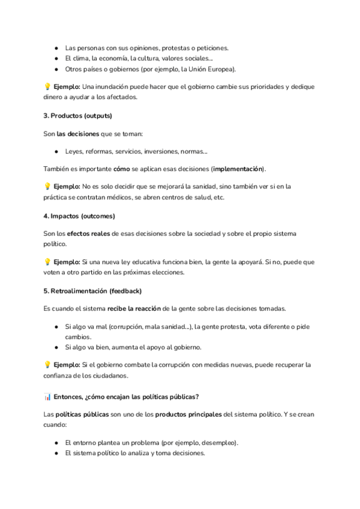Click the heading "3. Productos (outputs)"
pyautogui.click(x=78, y=115)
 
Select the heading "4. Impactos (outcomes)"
pyautogui.click(x=79, y=215)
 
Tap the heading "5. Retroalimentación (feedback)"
pyautogui.click(x=92, y=292)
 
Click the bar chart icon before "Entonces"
pyautogui.click(x=47, y=397)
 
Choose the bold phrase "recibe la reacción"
pyautogui.click(x=134, y=309)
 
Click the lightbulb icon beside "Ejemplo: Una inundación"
pyautogui.click(x=47, y=86)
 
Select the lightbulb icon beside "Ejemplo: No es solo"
pyautogui.click(x=47, y=186)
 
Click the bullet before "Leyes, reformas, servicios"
pyautogui.click(x=56, y=151)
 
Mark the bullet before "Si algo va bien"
pyautogui.click(x=56, y=348)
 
